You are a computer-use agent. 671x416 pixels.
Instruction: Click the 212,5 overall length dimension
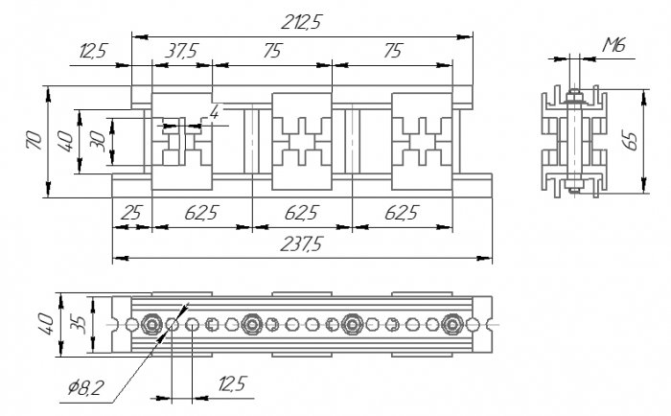click(301, 22)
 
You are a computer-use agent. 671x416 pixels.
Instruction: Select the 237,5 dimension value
click(301, 244)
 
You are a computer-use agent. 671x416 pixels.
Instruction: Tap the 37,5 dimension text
click(181, 51)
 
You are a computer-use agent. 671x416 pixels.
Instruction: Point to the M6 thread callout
click(614, 44)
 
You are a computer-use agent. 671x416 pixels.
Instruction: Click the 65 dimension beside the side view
click(631, 140)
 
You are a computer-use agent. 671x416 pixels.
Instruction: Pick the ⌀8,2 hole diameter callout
click(86, 388)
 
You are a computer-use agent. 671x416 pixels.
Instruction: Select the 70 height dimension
click(35, 140)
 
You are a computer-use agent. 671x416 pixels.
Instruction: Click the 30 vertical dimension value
click(98, 141)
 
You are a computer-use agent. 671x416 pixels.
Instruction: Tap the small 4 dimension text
click(214, 113)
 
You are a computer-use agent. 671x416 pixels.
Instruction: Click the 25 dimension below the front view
click(131, 213)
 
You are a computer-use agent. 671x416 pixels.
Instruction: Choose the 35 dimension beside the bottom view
click(79, 324)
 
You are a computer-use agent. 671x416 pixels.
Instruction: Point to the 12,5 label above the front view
click(93, 51)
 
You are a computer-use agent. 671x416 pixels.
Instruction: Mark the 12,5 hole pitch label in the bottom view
click(233, 384)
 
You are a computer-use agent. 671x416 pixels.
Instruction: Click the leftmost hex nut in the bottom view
click(151, 324)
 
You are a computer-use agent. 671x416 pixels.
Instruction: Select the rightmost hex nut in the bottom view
click(451, 324)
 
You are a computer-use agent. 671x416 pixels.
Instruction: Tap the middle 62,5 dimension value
click(302, 213)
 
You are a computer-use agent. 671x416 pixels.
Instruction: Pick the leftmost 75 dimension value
click(272, 51)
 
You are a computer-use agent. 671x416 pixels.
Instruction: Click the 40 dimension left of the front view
click(65, 141)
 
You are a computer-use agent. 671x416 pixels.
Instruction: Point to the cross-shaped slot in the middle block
click(302, 142)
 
